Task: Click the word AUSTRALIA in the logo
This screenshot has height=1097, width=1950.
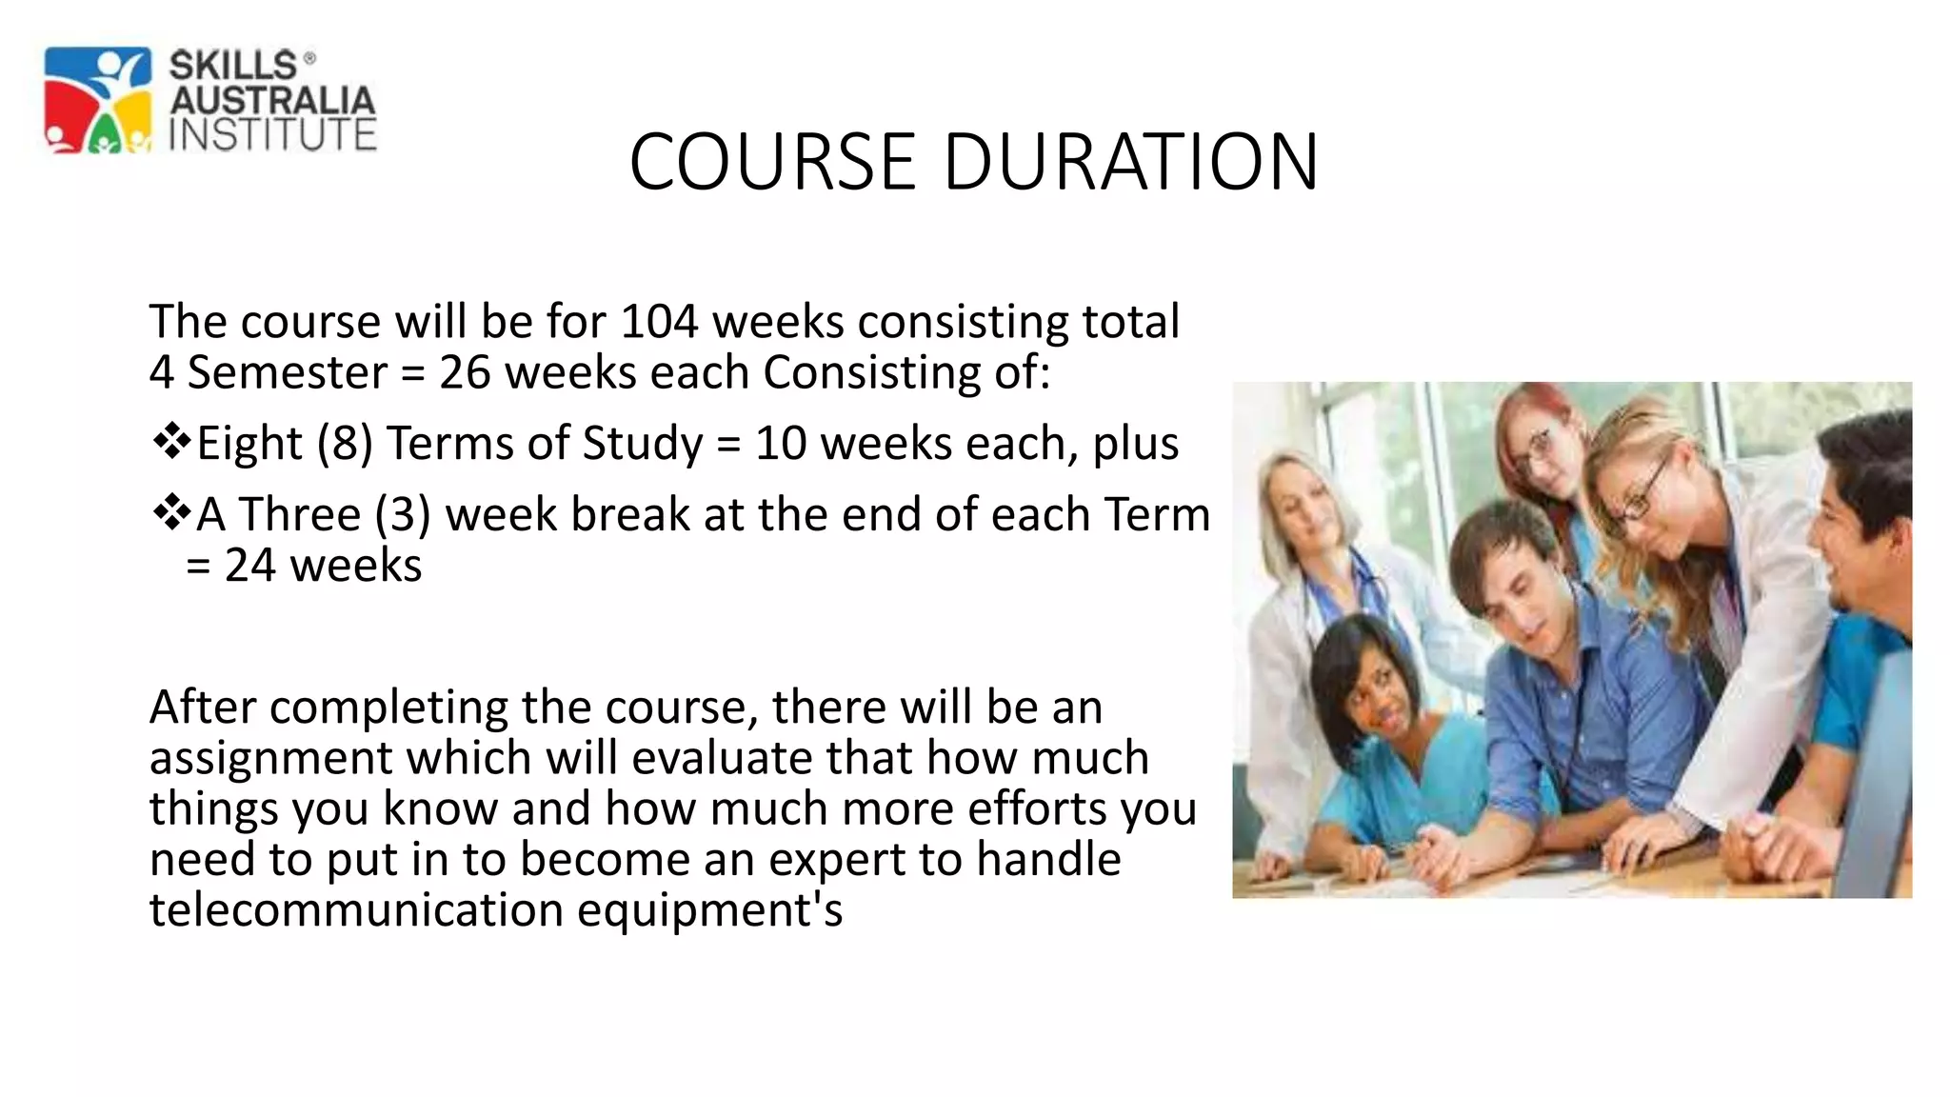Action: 272,100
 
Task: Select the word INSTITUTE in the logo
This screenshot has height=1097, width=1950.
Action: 272,134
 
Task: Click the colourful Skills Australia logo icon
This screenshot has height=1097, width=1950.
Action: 98,100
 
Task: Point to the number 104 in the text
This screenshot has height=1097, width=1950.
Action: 659,321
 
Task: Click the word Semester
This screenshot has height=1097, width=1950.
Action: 287,371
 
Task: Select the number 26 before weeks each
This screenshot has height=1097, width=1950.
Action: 465,371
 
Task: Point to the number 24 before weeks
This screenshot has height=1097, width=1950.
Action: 249,565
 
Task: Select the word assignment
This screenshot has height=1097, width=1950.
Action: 270,758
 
